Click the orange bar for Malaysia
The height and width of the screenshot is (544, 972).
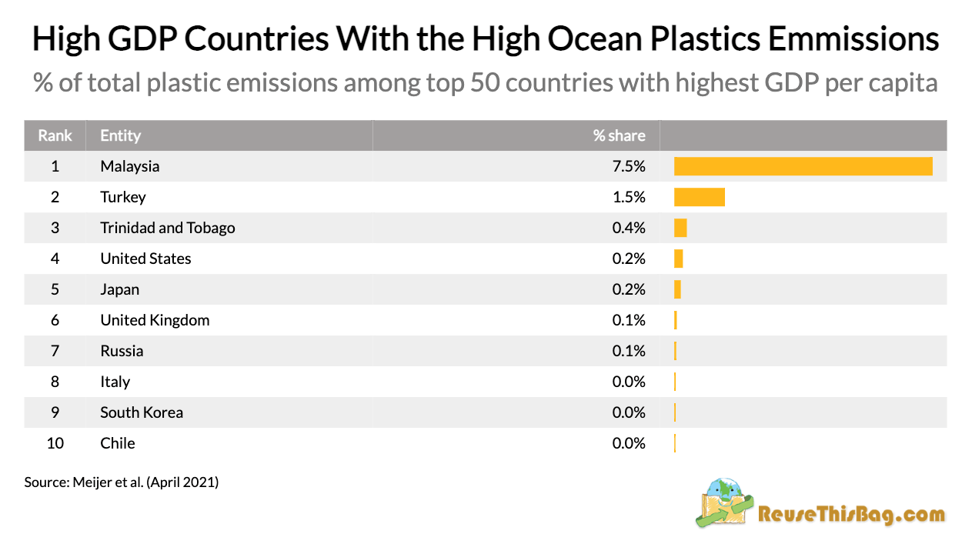coord(803,166)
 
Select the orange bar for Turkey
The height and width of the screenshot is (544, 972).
coord(699,197)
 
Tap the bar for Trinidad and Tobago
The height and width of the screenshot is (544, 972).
coord(680,228)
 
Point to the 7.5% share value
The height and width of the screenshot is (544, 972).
coord(629,166)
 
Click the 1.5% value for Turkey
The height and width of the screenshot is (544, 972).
coord(629,197)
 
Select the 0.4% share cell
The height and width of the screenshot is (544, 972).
coord(629,228)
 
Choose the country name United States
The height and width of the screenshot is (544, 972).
coord(145,259)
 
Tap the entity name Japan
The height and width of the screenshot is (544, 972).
coord(120,289)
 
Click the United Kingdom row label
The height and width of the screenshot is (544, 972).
coord(155,320)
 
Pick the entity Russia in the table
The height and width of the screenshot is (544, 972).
coord(122,351)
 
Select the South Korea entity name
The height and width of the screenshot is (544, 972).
coord(142,412)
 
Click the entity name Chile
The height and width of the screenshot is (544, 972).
coord(118,443)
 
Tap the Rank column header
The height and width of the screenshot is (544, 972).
coord(55,135)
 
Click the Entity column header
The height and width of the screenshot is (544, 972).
coord(121,135)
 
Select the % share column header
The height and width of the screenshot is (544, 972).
coord(619,135)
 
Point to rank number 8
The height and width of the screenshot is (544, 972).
coord(55,382)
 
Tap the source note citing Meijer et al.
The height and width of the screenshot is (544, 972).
coord(122,482)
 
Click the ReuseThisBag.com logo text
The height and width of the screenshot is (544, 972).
coord(851,514)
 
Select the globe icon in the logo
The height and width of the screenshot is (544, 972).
coord(726,490)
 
